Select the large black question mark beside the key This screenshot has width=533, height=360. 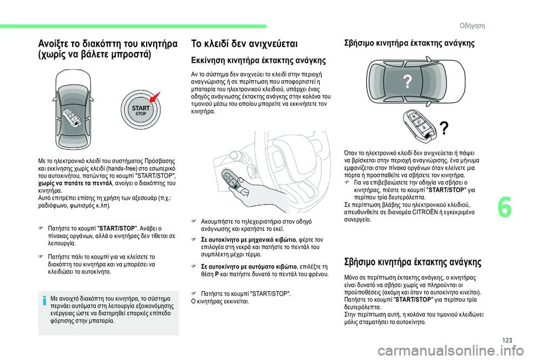[443, 128]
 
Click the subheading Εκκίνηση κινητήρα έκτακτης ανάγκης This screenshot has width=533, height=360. [258, 60]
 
